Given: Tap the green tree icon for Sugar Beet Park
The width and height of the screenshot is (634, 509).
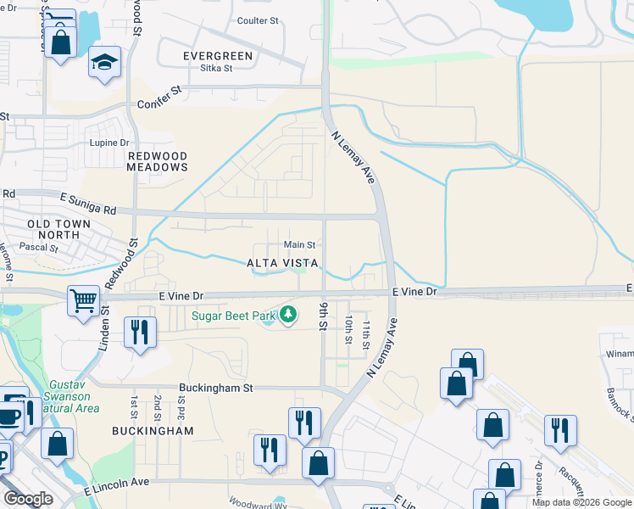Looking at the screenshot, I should [288, 316].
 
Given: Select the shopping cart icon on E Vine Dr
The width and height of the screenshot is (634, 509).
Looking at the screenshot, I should [84, 300].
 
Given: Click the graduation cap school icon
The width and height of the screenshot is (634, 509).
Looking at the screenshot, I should [105, 62].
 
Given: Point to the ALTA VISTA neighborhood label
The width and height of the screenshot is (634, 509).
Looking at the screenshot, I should [283, 264].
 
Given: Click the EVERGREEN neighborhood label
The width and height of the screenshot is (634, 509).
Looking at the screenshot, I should [218, 56].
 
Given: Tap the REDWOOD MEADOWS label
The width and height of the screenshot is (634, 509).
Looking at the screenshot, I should [157, 162].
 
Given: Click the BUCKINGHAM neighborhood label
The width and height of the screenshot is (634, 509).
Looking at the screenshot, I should [153, 431].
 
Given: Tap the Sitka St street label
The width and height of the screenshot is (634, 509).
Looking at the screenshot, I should [210, 70].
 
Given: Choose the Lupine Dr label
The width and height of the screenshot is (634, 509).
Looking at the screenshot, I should [109, 143].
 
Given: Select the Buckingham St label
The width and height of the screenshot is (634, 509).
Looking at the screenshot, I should [216, 389].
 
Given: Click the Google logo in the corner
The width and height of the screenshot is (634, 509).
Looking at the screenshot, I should [28, 498].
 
